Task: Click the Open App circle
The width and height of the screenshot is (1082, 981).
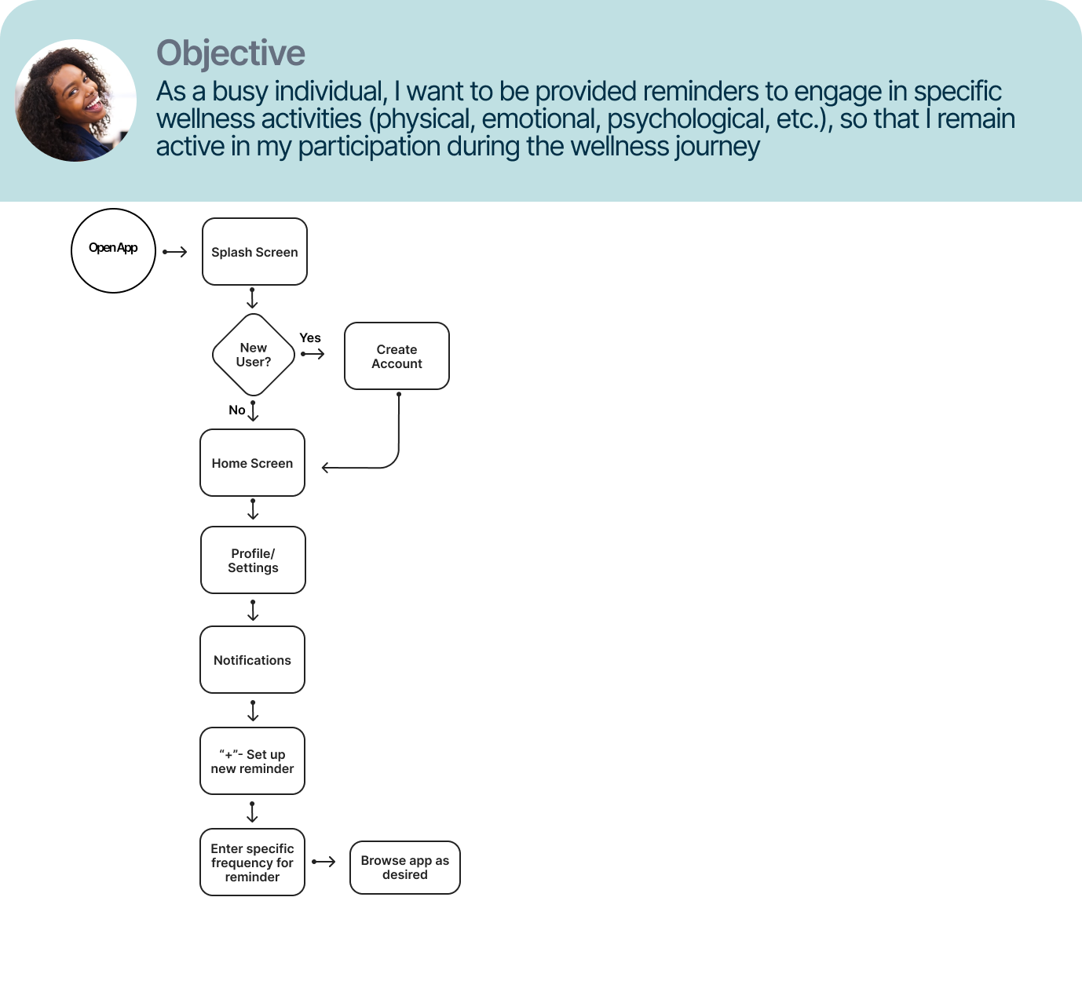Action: (114, 250)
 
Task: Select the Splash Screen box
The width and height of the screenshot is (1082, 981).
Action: (254, 252)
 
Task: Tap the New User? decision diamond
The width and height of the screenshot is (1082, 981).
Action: (254, 355)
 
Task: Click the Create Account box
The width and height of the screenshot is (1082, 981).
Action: (397, 356)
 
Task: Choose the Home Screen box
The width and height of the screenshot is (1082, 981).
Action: (252, 463)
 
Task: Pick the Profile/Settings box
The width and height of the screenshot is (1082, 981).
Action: (253, 560)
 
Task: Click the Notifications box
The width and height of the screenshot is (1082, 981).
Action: (252, 660)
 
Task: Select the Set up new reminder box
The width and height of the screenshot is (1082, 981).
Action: (252, 761)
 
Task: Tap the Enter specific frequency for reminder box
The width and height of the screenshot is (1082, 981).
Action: (252, 862)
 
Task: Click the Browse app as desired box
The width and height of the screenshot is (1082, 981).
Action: (404, 867)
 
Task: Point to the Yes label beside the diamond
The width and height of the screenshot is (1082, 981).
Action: (310, 338)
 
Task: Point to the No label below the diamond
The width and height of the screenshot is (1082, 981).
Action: (236, 410)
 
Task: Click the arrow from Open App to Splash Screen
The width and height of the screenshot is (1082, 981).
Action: (175, 252)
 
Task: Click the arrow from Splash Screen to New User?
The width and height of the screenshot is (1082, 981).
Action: (252, 298)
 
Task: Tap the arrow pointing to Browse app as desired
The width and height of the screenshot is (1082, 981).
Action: (324, 862)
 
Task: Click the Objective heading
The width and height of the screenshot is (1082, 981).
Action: (231, 53)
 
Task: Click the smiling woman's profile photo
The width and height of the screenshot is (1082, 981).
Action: (75, 100)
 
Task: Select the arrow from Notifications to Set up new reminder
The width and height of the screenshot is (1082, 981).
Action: (253, 710)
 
